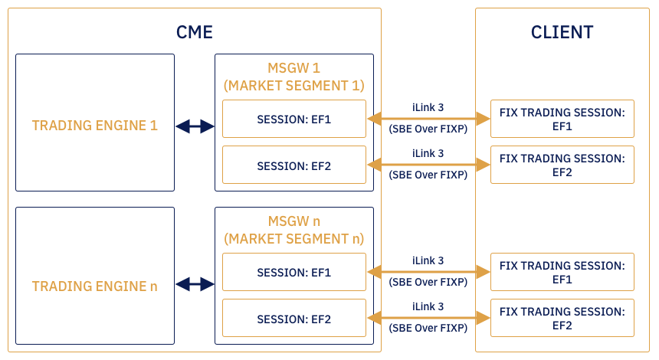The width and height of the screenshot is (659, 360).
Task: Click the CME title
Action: [x=194, y=32]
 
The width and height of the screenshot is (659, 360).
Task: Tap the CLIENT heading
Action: [x=562, y=32]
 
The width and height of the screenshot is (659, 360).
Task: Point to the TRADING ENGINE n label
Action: [x=95, y=286]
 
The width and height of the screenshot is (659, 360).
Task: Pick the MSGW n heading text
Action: [x=294, y=221]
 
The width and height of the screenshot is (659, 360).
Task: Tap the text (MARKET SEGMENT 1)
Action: [x=294, y=85]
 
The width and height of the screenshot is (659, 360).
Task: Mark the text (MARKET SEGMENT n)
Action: [x=294, y=238]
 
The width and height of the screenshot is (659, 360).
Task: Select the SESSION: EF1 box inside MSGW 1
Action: [x=294, y=119]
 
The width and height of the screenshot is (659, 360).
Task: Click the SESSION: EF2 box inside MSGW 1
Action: [x=294, y=165]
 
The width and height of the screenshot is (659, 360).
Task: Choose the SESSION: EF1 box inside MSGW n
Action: [x=294, y=272]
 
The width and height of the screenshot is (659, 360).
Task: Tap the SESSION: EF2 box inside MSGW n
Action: [x=294, y=318]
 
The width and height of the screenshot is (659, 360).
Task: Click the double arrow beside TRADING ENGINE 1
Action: [x=195, y=126]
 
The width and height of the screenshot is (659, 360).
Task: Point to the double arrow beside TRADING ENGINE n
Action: [x=195, y=284]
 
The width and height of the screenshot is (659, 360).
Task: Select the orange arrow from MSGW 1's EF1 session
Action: [x=428, y=118]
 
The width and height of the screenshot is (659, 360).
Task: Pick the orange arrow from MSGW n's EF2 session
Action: [x=428, y=317]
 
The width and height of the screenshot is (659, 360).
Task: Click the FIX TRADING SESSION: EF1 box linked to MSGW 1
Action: [x=562, y=119]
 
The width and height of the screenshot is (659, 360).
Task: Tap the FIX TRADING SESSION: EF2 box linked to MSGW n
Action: [x=562, y=318]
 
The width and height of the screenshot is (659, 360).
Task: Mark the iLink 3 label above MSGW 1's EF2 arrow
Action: [x=428, y=153]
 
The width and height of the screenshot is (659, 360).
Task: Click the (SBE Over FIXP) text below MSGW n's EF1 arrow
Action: [x=428, y=282]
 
